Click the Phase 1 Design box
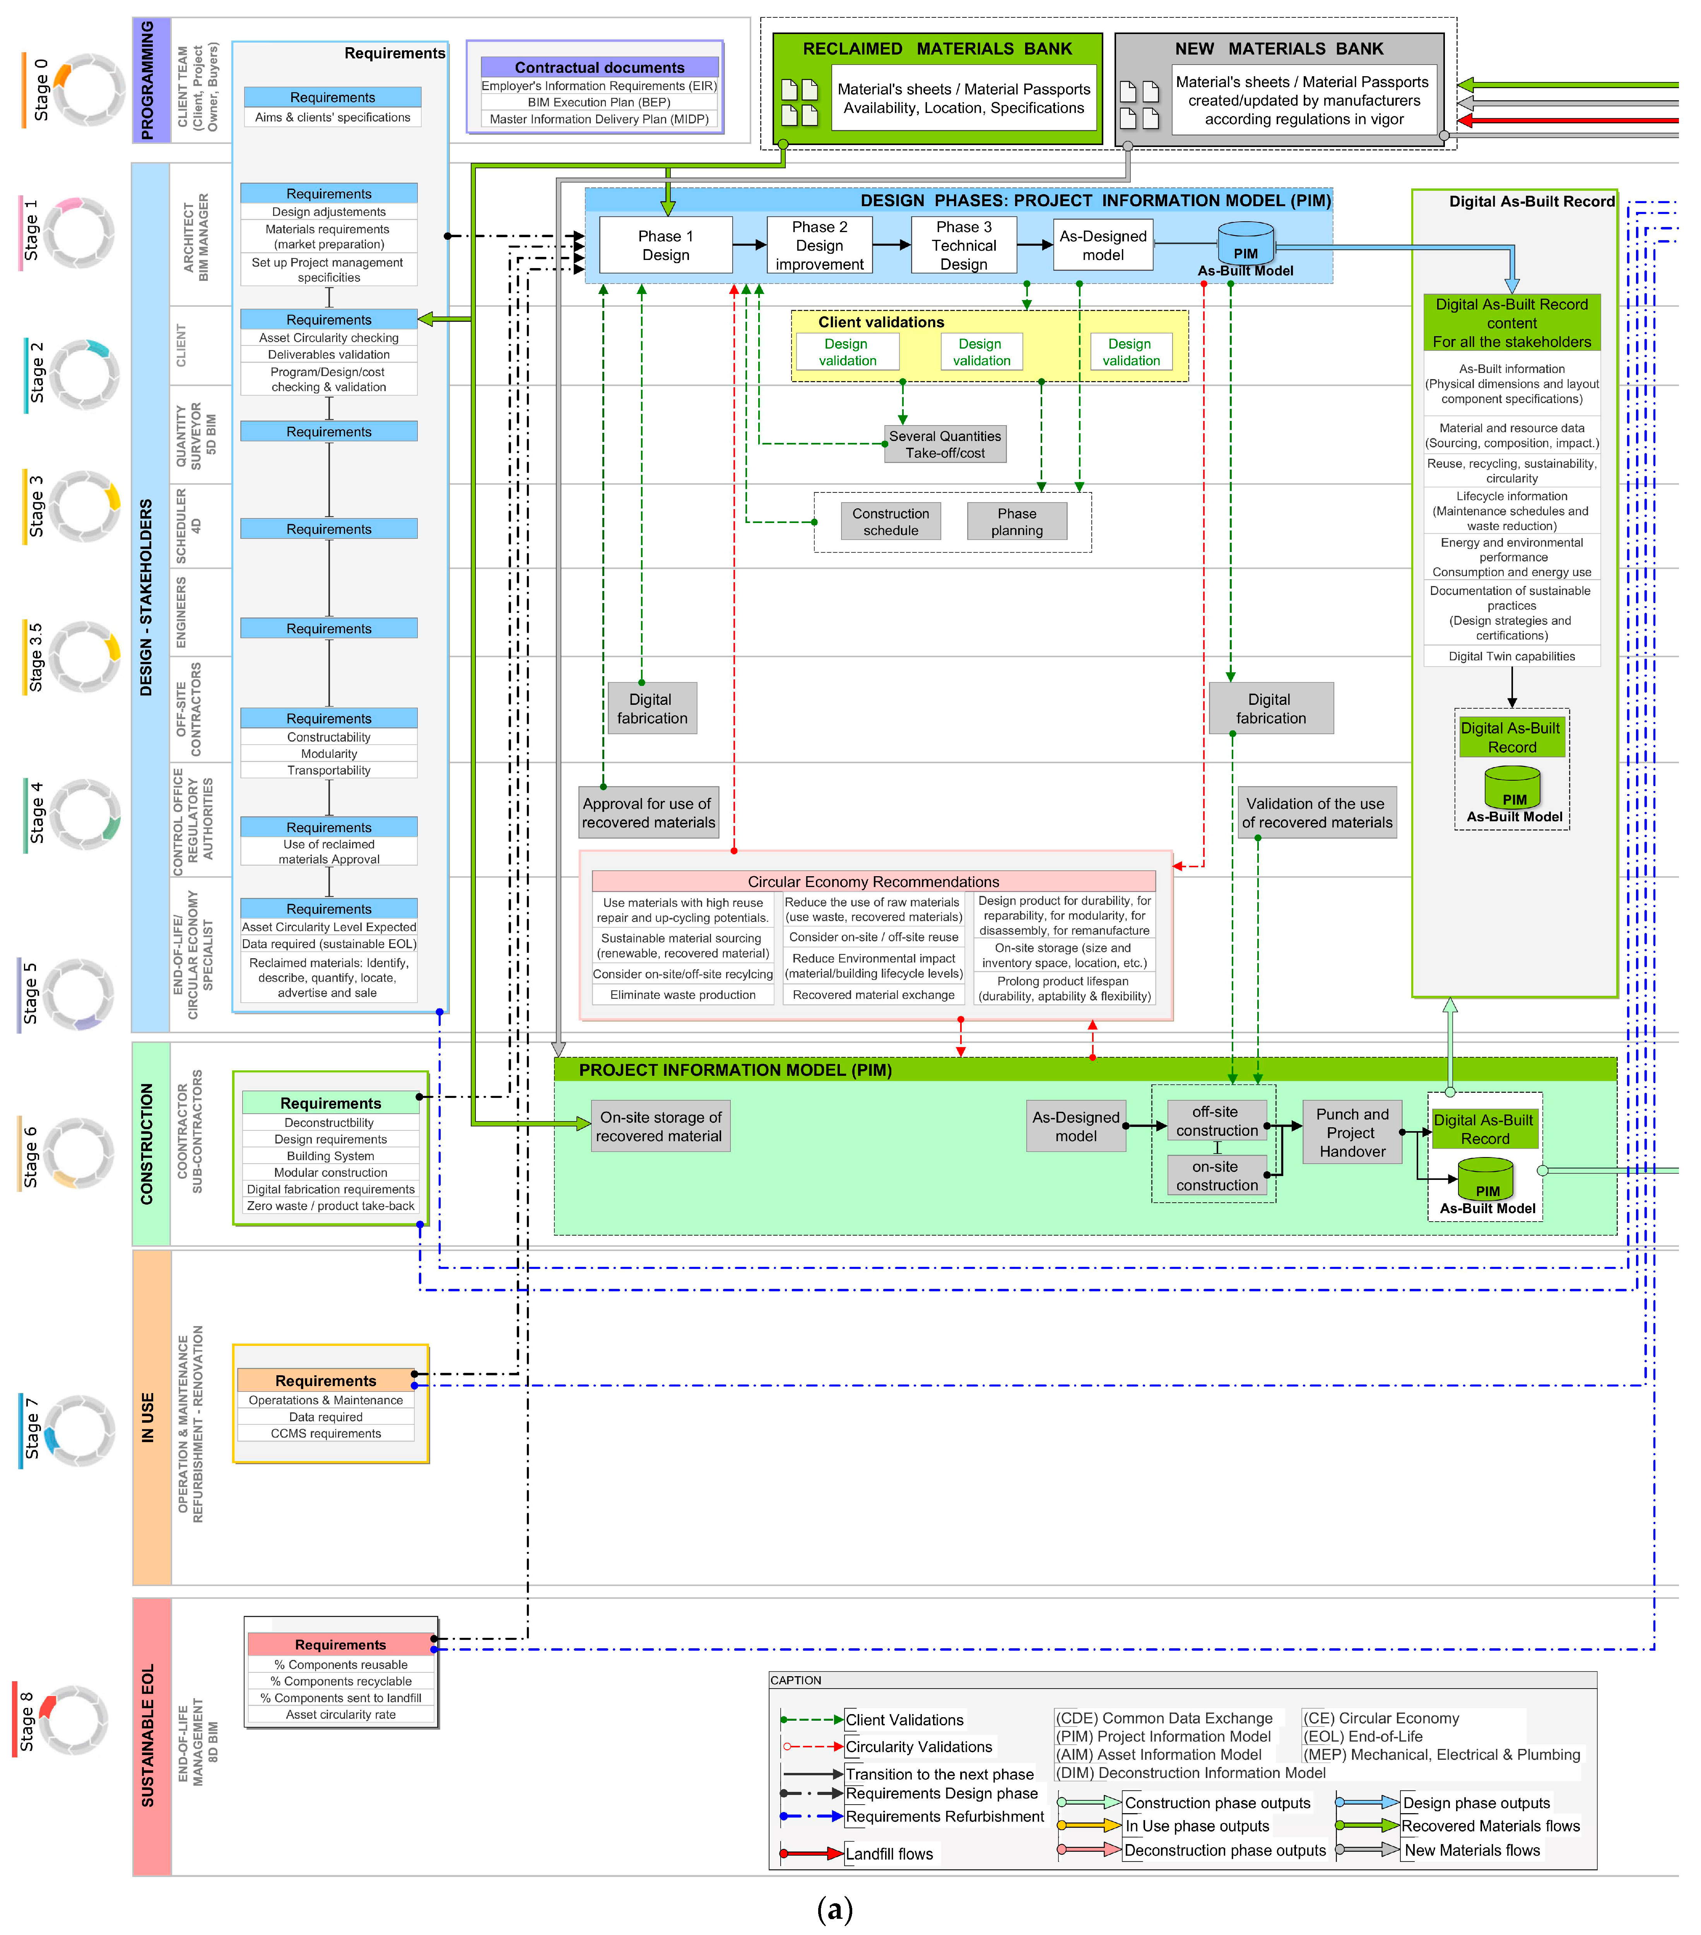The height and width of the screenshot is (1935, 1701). pos(665,245)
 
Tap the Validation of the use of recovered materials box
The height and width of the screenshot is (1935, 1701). pos(1316,812)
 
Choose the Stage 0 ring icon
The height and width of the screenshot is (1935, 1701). pos(88,90)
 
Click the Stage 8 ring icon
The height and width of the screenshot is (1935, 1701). pos(73,1720)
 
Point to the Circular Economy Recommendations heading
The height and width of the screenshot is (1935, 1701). pos(873,881)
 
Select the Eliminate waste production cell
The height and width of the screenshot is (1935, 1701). pos(682,995)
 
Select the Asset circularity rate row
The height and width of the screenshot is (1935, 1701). pos(341,1714)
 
